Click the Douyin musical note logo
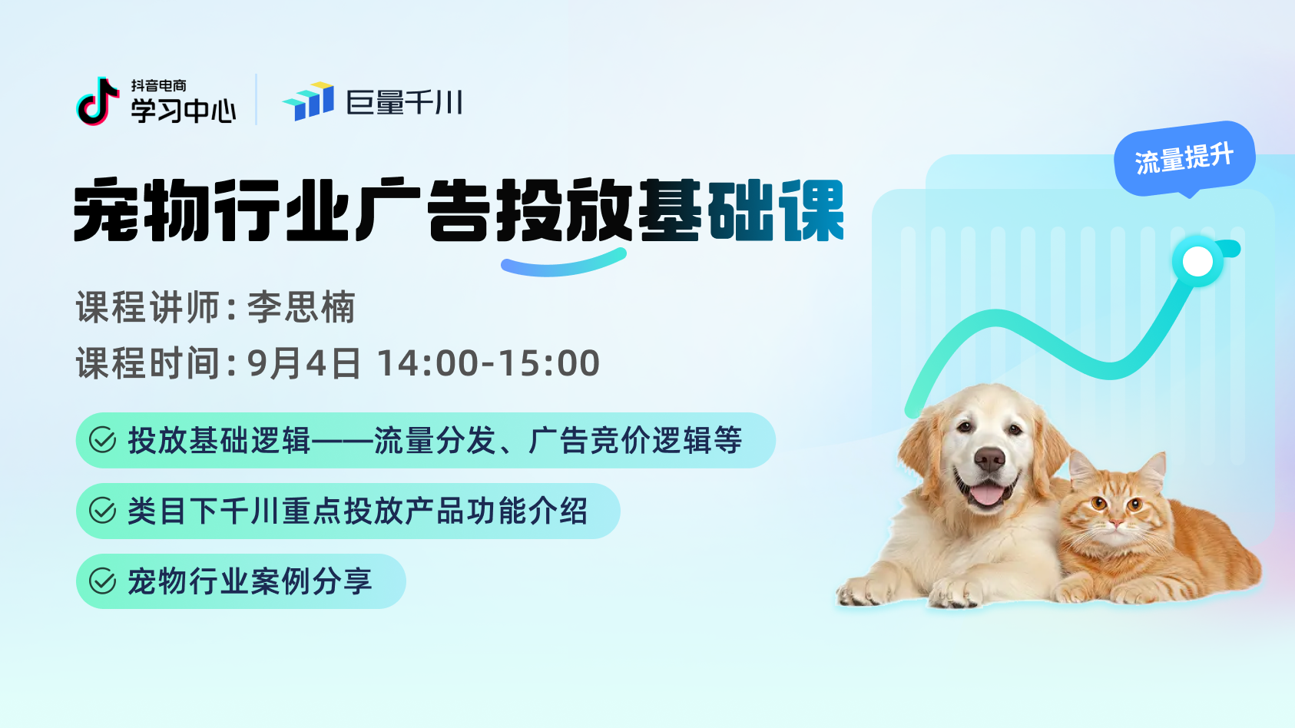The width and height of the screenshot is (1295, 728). [97, 101]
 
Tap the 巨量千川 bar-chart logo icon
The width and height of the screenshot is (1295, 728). [309, 101]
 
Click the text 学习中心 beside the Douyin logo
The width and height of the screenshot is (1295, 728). [184, 111]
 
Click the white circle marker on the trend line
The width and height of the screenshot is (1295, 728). [1198, 262]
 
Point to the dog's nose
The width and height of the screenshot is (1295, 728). [989, 459]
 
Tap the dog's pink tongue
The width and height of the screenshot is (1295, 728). [986, 495]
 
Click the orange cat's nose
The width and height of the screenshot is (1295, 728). [1116, 524]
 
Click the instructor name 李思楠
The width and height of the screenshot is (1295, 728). [301, 307]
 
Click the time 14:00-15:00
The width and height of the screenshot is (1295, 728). [489, 363]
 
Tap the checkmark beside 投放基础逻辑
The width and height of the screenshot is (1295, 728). [103, 440]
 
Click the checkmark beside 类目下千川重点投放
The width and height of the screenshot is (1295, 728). [103, 511]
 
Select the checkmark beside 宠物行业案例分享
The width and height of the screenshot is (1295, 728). [103, 581]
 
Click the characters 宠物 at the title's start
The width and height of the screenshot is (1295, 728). [141, 210]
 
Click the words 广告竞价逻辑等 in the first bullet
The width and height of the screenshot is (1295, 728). [635, 440]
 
